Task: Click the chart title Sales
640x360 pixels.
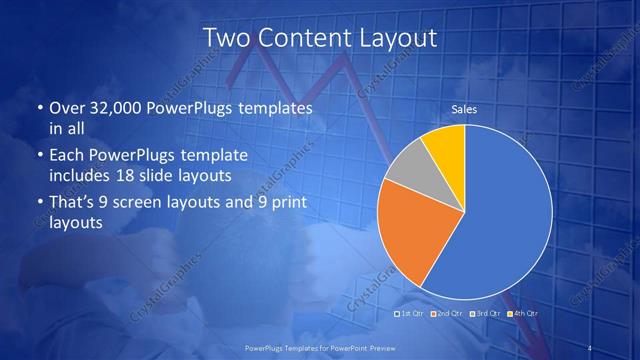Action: point(464,109)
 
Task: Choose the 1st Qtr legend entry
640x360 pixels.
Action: point(412,314)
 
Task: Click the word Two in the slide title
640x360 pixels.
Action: point(226,38)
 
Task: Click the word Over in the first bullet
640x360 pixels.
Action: point(67,107)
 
